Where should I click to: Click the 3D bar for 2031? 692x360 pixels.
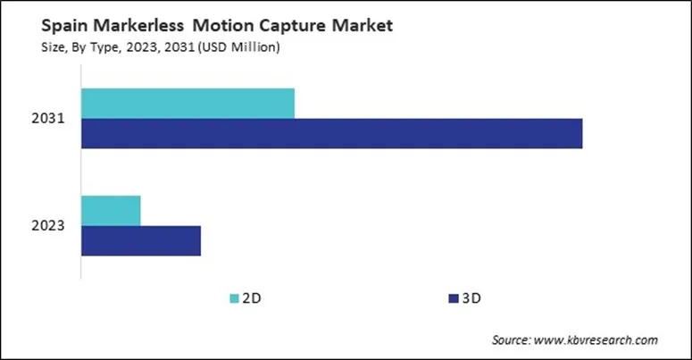point(331,134)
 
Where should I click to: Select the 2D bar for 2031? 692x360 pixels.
point(188,104)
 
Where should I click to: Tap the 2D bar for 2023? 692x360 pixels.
point(111,210)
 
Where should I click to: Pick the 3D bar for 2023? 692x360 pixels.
point(141,240)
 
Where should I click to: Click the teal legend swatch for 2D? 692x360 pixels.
point(235,297)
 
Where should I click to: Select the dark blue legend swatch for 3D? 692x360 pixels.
point(453,297)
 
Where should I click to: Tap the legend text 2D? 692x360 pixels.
point(253,297)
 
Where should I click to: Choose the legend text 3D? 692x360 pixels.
point(471,297)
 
